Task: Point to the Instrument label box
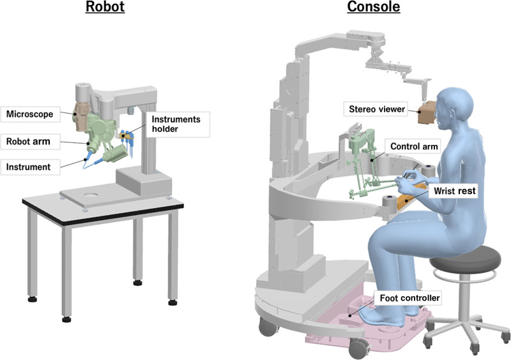(30, 167)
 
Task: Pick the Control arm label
(414, 147)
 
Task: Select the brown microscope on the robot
(82, 115)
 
